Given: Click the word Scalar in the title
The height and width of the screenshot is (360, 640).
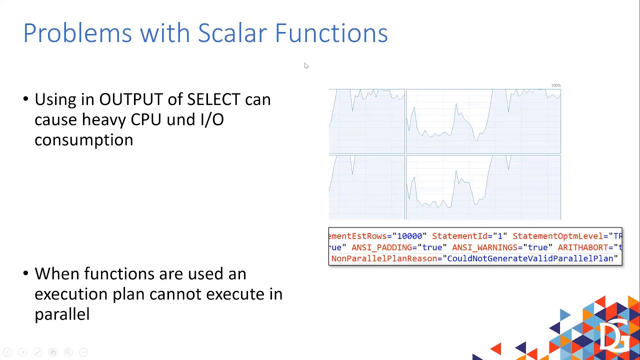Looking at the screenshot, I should tap(232, 33).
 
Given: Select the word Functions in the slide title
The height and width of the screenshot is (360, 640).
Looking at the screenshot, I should tap(331, 33).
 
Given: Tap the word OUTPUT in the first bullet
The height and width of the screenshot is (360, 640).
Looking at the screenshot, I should tap(130, 99).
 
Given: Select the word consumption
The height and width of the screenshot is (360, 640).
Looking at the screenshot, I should tap(83, 140).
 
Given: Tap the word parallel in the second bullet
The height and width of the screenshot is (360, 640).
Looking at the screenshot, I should tap(62, 314).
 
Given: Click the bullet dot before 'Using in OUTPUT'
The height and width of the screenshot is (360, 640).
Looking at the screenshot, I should tap(26, 99).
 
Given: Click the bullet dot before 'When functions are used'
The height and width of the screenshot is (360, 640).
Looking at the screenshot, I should tap(26, 273).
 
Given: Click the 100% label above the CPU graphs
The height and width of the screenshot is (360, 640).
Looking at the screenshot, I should tap(556, 85).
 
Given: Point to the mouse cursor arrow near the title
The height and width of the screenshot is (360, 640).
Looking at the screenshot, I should tap(306, 65).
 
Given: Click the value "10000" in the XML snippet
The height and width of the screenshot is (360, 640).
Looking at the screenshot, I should tap(409, 236).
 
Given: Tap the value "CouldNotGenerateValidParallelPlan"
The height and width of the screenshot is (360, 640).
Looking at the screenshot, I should tap(530, 258).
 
